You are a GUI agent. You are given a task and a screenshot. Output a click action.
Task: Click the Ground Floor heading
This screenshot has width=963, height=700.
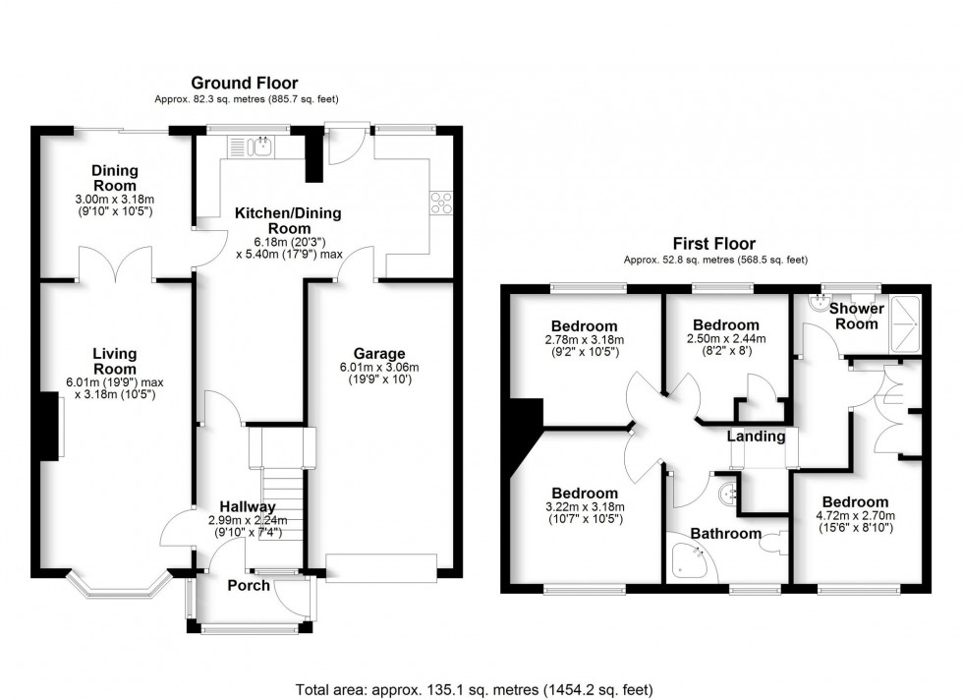tap(244, 84)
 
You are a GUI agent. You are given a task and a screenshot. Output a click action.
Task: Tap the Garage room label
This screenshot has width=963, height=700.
tap(380, 354)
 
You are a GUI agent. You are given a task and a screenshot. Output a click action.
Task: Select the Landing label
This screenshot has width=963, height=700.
tap(757, 436)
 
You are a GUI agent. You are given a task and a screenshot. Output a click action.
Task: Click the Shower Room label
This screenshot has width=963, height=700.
tap(857, 317)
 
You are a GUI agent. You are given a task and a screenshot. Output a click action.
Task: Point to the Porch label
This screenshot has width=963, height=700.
tap(249, 586)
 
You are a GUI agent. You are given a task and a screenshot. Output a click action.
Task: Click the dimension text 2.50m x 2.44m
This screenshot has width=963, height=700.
tap(725, 339)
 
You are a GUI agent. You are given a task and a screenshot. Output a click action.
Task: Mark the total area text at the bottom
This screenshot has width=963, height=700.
tap(474, 689)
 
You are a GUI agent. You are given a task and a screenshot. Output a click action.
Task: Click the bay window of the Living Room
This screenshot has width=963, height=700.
tap(116, 588)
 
